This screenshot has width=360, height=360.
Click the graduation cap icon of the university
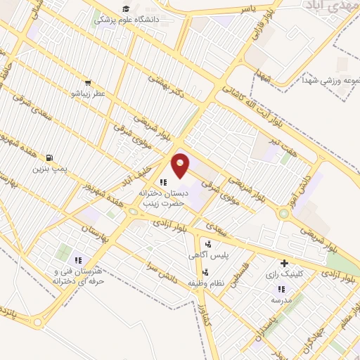[x=126, y=9]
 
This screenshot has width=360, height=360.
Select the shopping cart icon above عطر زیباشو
[x=89, y=82]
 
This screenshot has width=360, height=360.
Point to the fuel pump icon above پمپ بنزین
[x=49, y=157]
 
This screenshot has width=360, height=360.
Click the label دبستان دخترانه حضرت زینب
[x=162, y=197]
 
